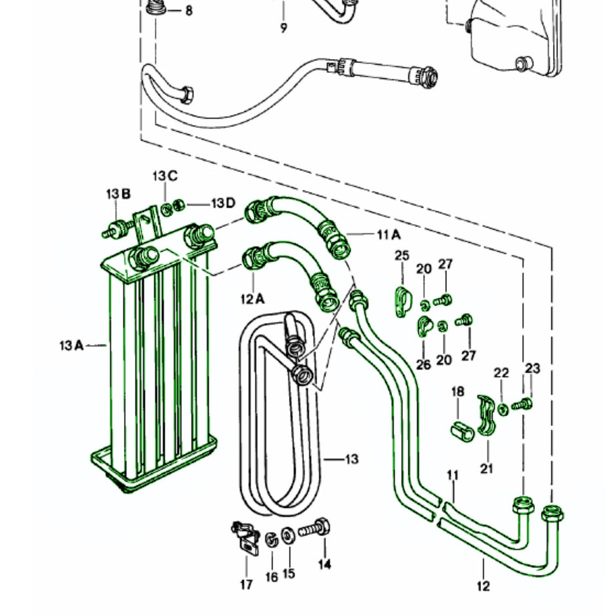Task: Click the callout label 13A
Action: [x=71, y=344]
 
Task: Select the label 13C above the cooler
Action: [x=165, y=176]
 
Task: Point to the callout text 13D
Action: [x=223, y=203]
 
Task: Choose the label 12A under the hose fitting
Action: [x=252, y=299]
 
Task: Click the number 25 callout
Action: [x=402, y=255]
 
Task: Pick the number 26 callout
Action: [x=423, y=364]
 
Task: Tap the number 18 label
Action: [x=457, y=391]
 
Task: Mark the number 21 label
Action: [x=487, y=469]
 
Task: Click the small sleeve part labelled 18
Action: [x=461, y=431]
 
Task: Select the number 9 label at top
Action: [x=284, y=28]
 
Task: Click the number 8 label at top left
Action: [x=189, y=11]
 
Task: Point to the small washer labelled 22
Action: [x=503, y=409]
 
